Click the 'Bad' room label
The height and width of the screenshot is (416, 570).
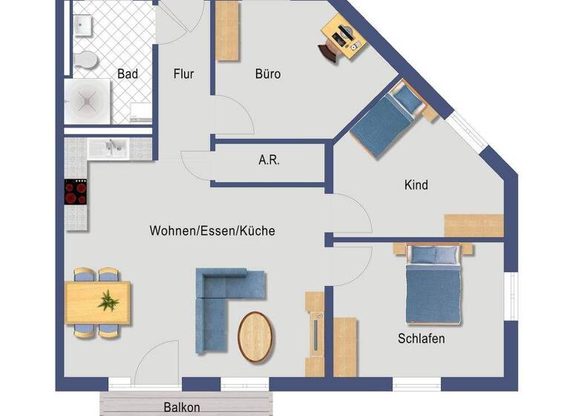(128, 74)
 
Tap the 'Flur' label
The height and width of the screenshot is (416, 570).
(183, 74)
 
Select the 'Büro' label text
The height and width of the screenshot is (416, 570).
(268, 74)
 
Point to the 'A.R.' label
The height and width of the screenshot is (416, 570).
(269, 160)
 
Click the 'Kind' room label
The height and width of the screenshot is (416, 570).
(416, 184)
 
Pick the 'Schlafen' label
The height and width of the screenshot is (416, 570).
(421, 339)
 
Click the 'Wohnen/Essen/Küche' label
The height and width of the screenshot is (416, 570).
(212, 231)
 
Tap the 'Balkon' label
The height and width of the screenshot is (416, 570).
(182, 407)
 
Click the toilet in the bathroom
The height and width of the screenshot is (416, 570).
(87, 59)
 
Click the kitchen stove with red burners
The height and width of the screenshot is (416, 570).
(76, 192)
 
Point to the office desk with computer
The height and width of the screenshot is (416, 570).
(343, 36)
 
